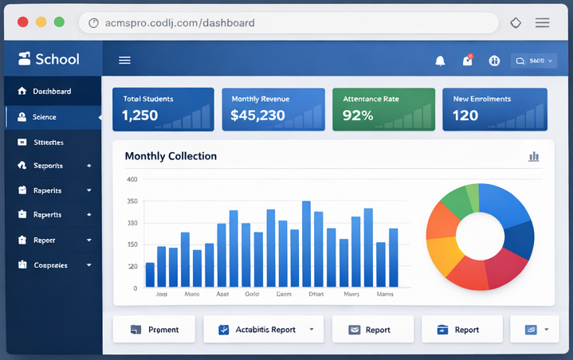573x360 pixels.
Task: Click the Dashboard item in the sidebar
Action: click(x=51, y=92)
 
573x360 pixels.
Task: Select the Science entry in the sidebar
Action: click(x=45, y=117)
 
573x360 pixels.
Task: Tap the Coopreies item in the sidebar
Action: click(x=50, y=265)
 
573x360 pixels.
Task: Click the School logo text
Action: click(x=57, y=59)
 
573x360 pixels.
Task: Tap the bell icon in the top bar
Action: click(x=440, y=61)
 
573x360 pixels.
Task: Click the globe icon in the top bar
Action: click(x=493, y=61)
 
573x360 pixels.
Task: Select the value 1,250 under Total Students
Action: click(x=140, y=115)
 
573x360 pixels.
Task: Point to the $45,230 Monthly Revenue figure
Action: click(x=257, y=115)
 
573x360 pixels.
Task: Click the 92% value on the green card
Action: click(x=358, y=115)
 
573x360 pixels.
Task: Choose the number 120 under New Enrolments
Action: click(x=465, y=115)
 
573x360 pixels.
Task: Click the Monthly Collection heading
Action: click(x=171, y=156)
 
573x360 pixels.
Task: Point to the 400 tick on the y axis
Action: click(x=131, y=180)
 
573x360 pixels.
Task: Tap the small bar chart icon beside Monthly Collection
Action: click(x=534, y=157)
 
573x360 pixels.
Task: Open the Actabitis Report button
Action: click(x=265, y=329)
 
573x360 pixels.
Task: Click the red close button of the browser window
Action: click(x=22, y=22)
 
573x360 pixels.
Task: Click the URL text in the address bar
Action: click(x=179, y=23)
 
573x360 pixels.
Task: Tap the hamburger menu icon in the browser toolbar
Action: click(x=542, y=23)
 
